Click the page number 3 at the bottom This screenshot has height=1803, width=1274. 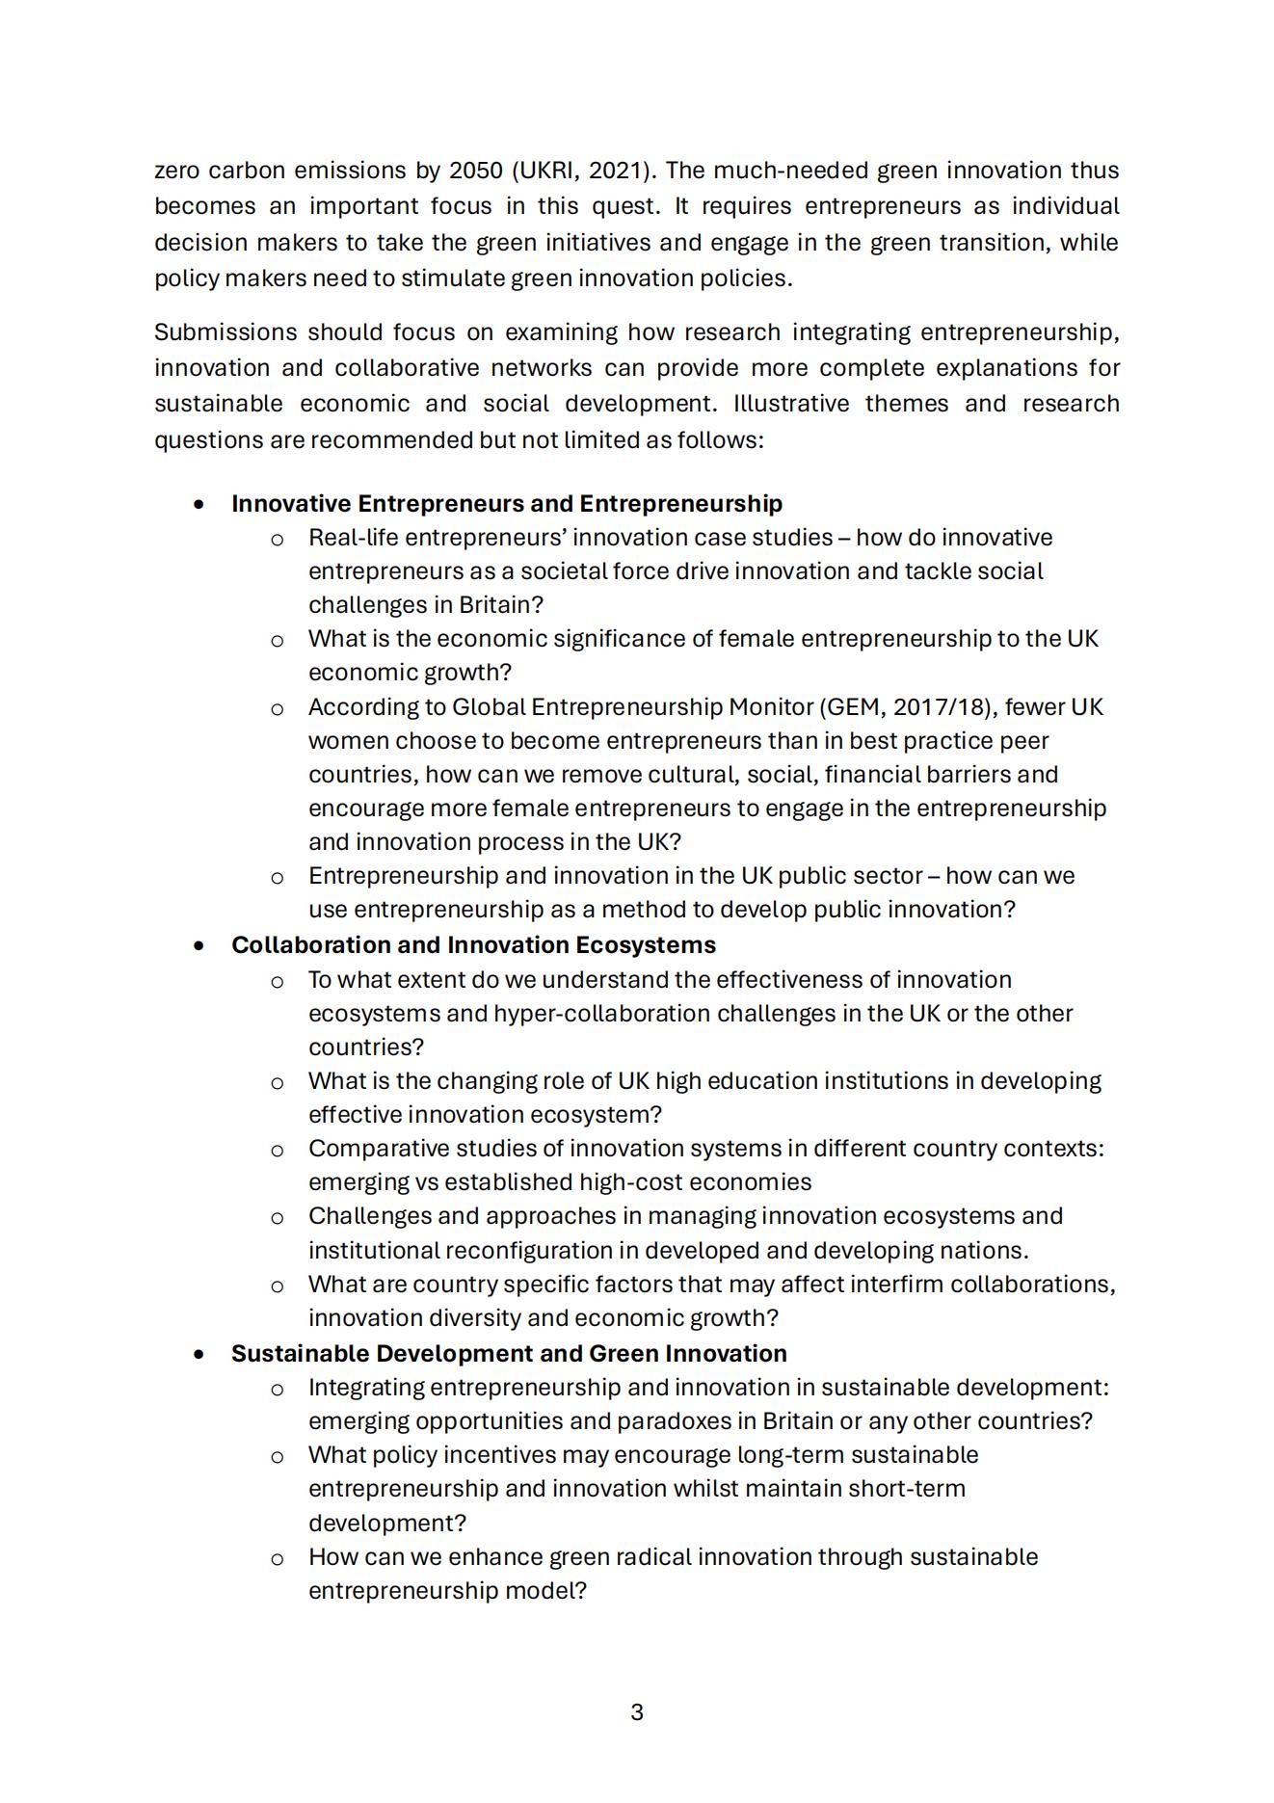[637, 1712]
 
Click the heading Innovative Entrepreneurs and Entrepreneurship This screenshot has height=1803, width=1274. [506, 504]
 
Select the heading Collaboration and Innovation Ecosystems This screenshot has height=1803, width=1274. [473, 945]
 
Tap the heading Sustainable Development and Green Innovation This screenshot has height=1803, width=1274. [509, 1354]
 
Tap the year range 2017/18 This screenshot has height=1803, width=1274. [940, 707]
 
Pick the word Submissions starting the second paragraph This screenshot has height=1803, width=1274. [225, 332]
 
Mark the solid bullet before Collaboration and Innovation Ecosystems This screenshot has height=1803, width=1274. [199, 946]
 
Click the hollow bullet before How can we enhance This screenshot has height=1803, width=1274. [277, 1559]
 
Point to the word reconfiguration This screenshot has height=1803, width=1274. [541, 1251]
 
